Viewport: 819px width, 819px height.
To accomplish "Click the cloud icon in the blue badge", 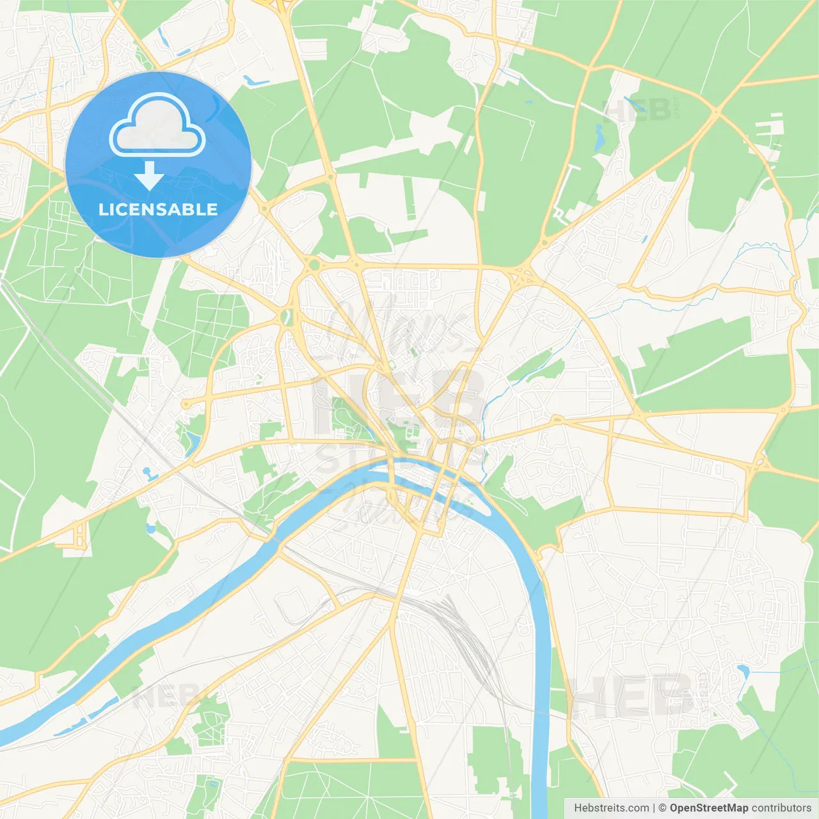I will [x=157, y=125].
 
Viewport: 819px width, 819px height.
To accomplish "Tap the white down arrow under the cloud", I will [x=149, y=175].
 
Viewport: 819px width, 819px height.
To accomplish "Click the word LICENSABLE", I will [x=158, y=209].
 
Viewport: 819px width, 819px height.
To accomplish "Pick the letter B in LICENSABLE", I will [x=188, y=209].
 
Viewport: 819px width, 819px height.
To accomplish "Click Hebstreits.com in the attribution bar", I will [x=611, y=808].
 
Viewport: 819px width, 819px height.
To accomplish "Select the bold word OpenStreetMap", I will [x=709, y=808].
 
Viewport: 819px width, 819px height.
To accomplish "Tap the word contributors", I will [x=781, y=808].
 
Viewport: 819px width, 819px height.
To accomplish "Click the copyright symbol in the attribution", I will [x=662, y=808].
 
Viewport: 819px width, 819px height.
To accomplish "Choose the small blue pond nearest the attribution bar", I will [x=743, y=671].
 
